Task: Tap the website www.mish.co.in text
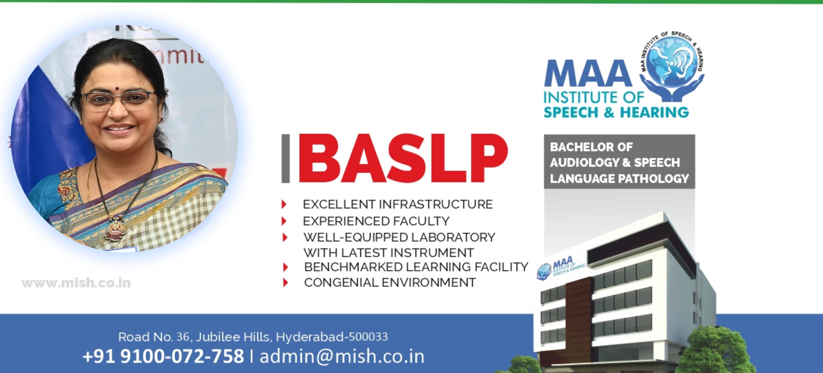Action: pos(76,283)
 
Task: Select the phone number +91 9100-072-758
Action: pos(163,356)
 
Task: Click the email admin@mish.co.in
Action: pos(342,356)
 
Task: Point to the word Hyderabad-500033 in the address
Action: pos(332,337)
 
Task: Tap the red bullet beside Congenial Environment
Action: pos(285,282)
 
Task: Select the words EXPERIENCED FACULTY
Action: pos(376,221)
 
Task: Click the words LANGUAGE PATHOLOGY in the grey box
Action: pos(619,178)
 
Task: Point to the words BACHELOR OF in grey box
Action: pos(591,147)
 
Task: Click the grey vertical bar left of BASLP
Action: pos(285,158)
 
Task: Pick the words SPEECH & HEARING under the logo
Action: pos(616,113)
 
